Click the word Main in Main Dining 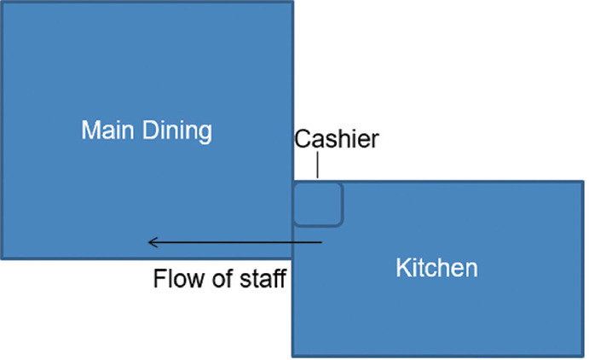[107, 131]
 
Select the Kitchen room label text [436, 268]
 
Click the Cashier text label [337, 139]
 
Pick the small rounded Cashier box [318, 204]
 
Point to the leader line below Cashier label [318, 166]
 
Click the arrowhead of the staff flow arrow [151, 243]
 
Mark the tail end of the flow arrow [322, 243]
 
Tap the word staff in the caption [260, 279]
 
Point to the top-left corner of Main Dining [2, 2]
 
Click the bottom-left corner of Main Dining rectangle [2, 258]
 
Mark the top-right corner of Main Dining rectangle [292, 2]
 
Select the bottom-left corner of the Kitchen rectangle [293, 355]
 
